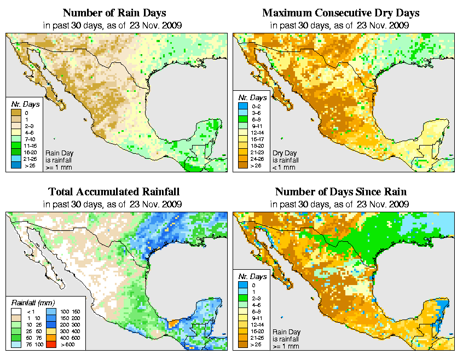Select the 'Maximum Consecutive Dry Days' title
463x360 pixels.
341,13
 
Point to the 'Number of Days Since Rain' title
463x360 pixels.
341,192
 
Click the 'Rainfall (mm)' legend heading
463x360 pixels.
33,301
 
